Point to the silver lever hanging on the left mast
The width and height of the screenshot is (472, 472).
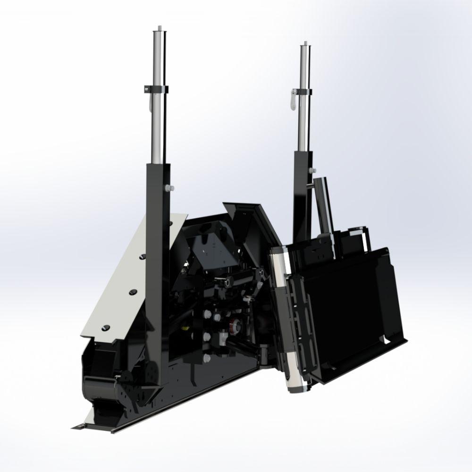point(148,102)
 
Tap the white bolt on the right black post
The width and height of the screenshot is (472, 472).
point(310,169)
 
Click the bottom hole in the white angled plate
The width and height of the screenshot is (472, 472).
point(105,327)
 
